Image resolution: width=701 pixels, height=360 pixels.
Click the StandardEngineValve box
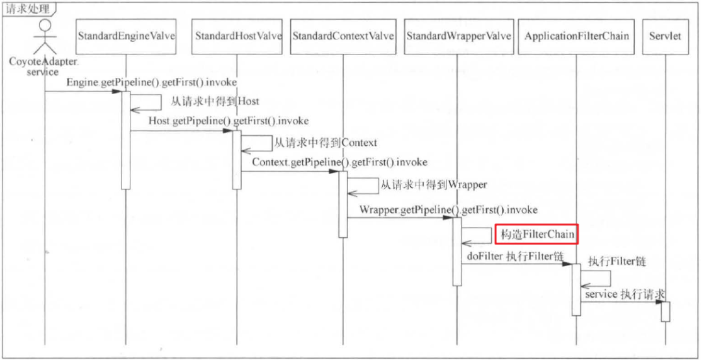pyautogui.click(x=127, y=36)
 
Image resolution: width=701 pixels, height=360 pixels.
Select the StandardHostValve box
pyautogui.click(x=238, y=36)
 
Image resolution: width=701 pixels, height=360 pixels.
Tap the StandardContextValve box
pyautogui.click(x=343, y=36)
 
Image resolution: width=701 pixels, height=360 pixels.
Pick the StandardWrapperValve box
pyautogui.click(x=459, y=36)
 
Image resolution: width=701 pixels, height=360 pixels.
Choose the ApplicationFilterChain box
pyautogui.click(x=576, y=36)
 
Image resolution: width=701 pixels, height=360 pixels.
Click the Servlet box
pyautogui.click(x=665, y=36)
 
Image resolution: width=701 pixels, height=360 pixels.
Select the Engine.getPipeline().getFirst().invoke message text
pyautogui.click(x=151, y=83)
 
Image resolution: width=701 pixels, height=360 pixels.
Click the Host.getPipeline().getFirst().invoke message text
pyautogui.click(x=228, y=121)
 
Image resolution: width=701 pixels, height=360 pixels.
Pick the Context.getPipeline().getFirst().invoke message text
pyautogui.click(x=339, y=162)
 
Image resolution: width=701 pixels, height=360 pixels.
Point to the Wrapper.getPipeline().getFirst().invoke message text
pyautogui.click(x=449, y=210)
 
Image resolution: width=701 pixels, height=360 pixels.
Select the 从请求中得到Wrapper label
pyautogui.click(x=434, y=185)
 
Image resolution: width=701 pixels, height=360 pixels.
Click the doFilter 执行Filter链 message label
pyautogui.click(x=514, y=256)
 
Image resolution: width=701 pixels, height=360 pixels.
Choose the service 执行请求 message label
pyautogui.click(x=625, y=294)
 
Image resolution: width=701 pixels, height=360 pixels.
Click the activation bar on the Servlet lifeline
pyautogui.click(x=665, y=311)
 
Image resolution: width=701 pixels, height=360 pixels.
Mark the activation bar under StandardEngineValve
pyautogui.click(x=127, y=139)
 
